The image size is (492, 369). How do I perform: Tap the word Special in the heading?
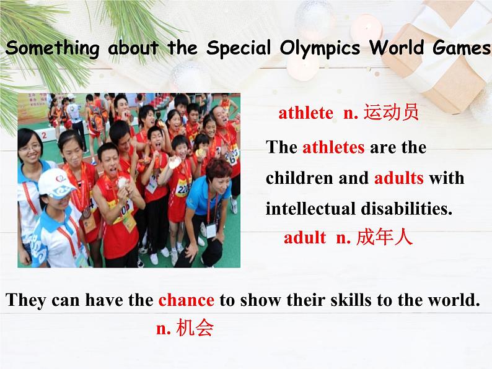(x=239, y=48)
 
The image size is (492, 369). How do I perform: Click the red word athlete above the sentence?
(x=305, y=113)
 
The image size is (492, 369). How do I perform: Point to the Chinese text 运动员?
(x=391, y=112)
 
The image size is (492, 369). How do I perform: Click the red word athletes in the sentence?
(x=333, y=147)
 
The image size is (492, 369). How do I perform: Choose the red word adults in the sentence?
(x=399, y=178)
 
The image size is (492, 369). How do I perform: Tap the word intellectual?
(x=310, y=209)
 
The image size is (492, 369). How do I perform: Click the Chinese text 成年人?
(x=384, y=237)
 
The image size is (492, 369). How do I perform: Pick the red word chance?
(x=187, y=300)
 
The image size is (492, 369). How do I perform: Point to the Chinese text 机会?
(x=195, y=328)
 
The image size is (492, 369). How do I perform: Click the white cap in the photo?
(x=56, y=183)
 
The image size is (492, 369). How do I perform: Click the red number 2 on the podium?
(x=44, y=135)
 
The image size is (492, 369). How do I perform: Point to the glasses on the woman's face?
(x=30, y=147)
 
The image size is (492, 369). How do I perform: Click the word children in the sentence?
(x=299, y=178)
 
